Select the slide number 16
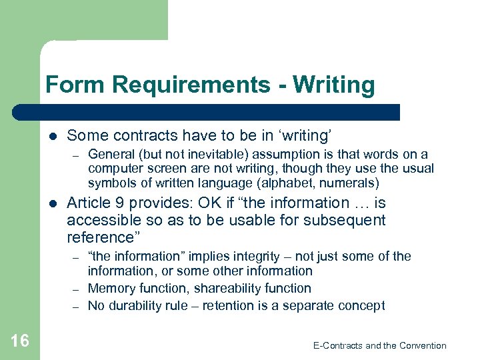tap(20, 341)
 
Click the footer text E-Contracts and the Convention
tap(379, 345)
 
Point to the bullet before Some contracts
tap(53, 136)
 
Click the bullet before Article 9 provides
tap(53, 203)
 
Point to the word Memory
tap(111, 288)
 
